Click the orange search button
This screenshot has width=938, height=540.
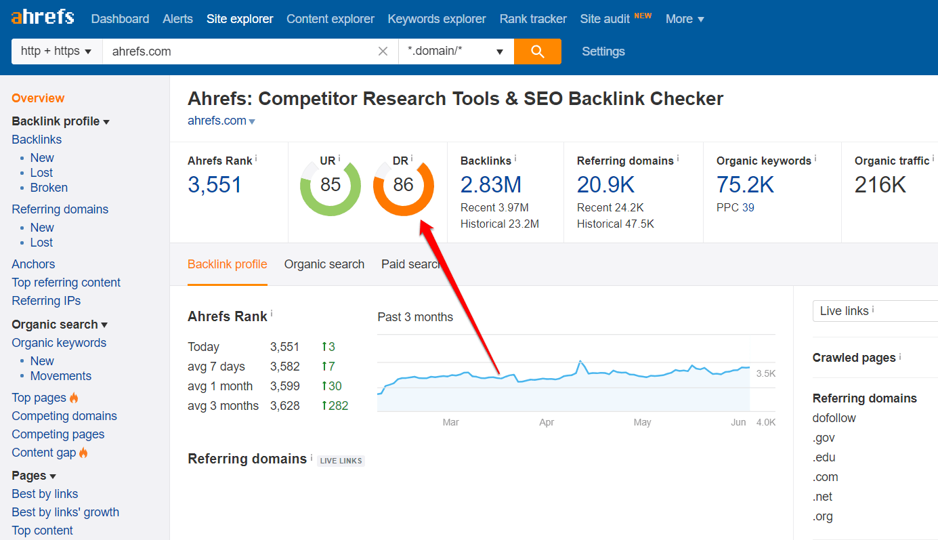click(x=537, y=51)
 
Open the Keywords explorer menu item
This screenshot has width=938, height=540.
click(x=436, y=19)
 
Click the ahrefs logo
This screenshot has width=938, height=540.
click(x=43, y=18)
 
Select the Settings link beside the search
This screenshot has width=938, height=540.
click(x=603, y=51)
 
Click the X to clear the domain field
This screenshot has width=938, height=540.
click(x=383, y=51)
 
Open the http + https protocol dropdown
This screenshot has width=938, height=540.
click(x=56, y=51)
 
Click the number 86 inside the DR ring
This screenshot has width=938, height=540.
click(x=403, y=185)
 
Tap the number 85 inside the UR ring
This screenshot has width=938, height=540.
click(x=330, y=185)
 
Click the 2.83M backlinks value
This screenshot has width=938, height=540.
click(x=490, y=184)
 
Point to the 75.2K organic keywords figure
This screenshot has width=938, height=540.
click(x=745, y=184)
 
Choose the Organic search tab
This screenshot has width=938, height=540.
click(x=324, y=264)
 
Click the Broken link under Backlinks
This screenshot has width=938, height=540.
click(x=49, y=188)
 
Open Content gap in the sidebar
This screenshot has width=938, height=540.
click(x=43, y=453)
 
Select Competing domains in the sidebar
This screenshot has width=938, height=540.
click(x=64, y=416)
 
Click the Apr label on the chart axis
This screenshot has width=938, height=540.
click(x=547, y=422)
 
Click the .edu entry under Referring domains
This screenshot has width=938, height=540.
click(x=824, y=457)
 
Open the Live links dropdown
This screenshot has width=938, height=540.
click(x=874, y=311)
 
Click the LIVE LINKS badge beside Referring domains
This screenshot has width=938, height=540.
click(x=341, y=461)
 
